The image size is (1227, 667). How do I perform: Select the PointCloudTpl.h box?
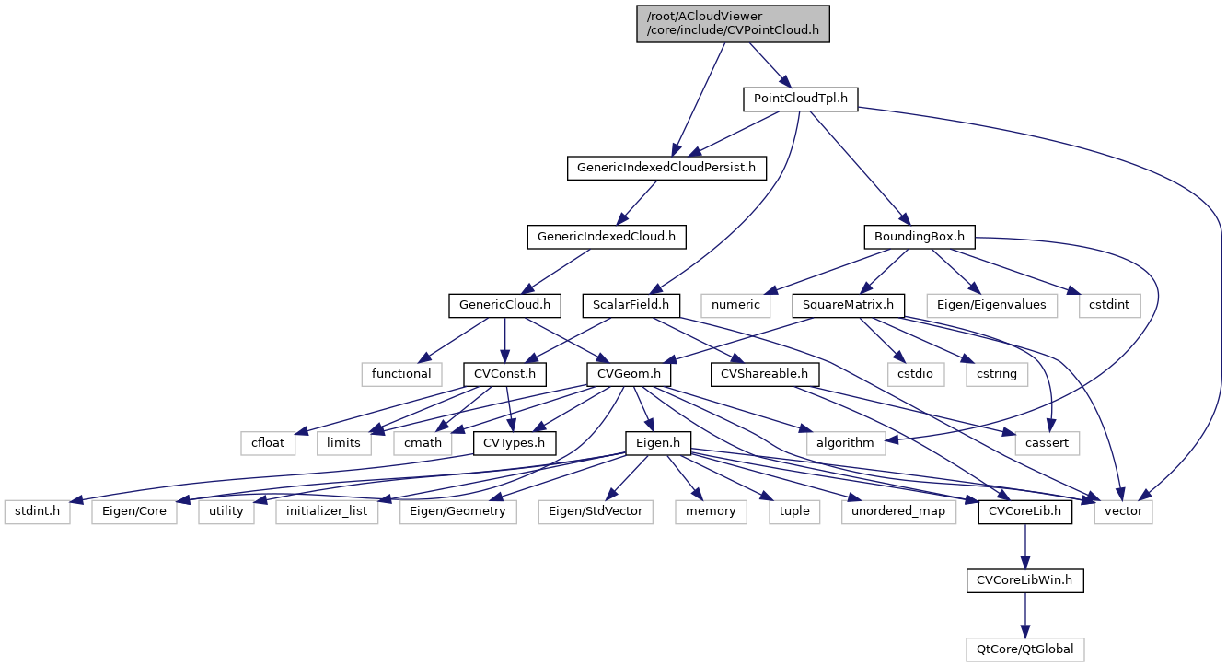800,99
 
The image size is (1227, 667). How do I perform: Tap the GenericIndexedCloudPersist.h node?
666,168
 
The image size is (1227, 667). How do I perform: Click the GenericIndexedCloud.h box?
607,237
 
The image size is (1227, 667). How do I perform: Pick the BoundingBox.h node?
919,237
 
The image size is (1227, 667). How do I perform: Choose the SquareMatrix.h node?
847,304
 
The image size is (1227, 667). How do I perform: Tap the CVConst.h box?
504,374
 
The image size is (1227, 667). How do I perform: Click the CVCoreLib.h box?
1024,511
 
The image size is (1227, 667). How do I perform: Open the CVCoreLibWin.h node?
1024,580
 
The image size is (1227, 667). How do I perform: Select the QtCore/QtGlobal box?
1024,649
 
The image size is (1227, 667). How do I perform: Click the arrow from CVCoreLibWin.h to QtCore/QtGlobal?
1024,614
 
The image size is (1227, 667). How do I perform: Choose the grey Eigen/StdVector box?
596,511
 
